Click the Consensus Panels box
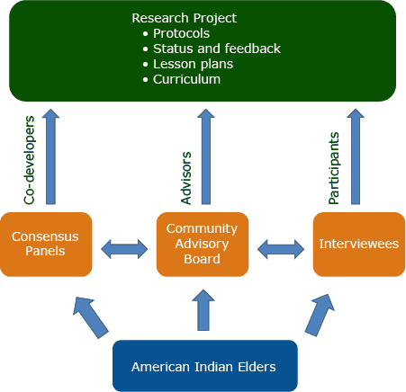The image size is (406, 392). click(x=46, y=244)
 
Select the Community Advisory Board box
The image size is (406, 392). click(x=202, y=244)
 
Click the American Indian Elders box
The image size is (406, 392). click(x=204, y=366)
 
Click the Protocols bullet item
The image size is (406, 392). click(x=186, y=33)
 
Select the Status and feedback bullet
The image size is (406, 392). click(x=217, y=49)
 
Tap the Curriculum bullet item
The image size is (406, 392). click(x=186, y=79)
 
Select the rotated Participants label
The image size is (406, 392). click(x=334, y=156)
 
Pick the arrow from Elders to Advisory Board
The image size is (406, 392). click(x=204, y=309)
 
